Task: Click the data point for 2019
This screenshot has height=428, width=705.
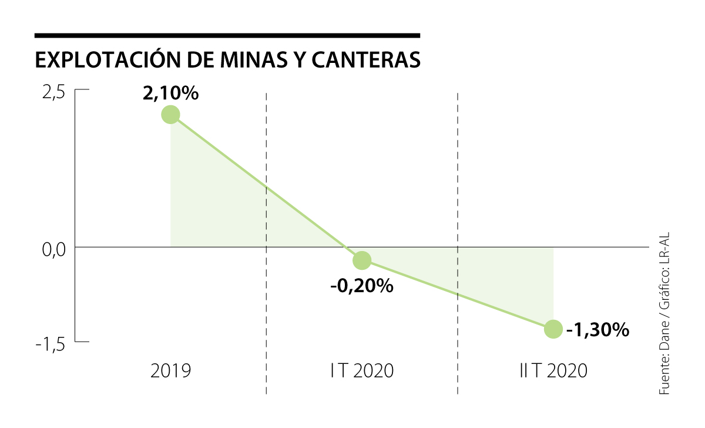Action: (170, 114)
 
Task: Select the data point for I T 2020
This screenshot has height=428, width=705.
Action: (362, 260)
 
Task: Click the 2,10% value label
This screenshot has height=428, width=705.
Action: (170, 93)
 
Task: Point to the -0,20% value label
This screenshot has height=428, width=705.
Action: (361, 286)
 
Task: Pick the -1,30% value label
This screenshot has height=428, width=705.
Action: (597, 330)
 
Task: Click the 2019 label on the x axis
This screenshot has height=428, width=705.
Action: (171, 372)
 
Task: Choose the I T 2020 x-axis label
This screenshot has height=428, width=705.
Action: (362, 372)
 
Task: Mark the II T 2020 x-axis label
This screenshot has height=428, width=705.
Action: (553, 372)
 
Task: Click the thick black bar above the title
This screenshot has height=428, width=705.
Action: (227, 36)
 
